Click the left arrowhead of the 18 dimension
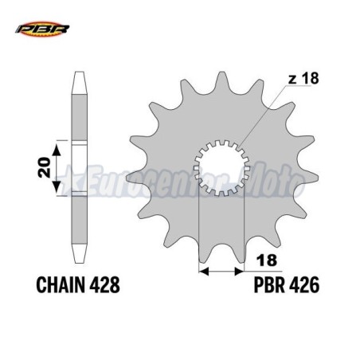pos(202,271)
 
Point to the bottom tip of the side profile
pos(80,264)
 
